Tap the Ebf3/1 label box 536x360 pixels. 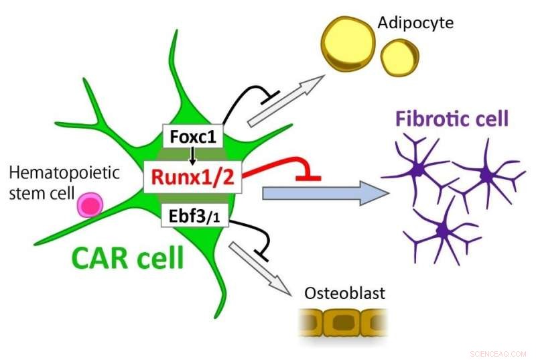pyautogui.click(x=192, y=217)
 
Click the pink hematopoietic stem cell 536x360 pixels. pyautogui.click(x=89, y=204)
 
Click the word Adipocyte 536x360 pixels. pyautogui.click(x=415, y=23)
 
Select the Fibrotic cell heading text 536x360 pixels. pyautogui.click(x=452, y=120)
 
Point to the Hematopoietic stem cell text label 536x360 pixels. pyautogui.click(x=64, y=182)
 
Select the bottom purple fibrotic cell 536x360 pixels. pyautogui.click(x=442, y=231)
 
